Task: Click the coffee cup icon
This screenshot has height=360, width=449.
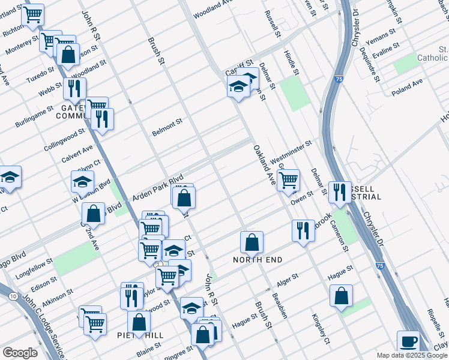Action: (x=409, y=341)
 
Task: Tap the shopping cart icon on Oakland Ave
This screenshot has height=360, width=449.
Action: (x=289, y=179)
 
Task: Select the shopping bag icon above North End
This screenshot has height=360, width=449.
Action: (x=252, y=242)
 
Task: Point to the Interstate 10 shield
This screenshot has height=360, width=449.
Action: (x=13, y=296)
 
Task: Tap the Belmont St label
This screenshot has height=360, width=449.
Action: (x=167, y=127)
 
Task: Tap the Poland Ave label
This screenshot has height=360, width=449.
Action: (x=408, y=86)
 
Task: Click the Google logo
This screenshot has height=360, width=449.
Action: (x=20, y=353)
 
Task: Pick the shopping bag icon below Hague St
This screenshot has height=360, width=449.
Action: (x=341, y=296)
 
